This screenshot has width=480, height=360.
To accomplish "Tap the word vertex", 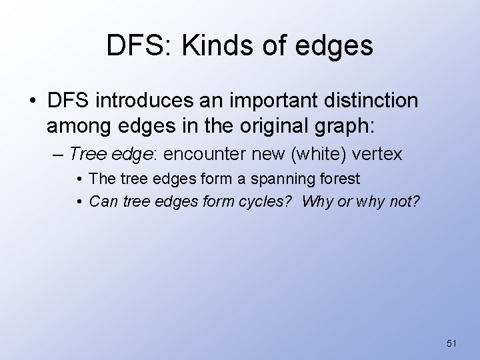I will tap(378, 154).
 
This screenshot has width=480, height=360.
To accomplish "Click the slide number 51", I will tap(451, 343).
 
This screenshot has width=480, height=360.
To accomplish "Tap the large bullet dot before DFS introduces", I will tap(33, 102).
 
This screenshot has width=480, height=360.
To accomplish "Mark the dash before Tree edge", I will tap(59, 154).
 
